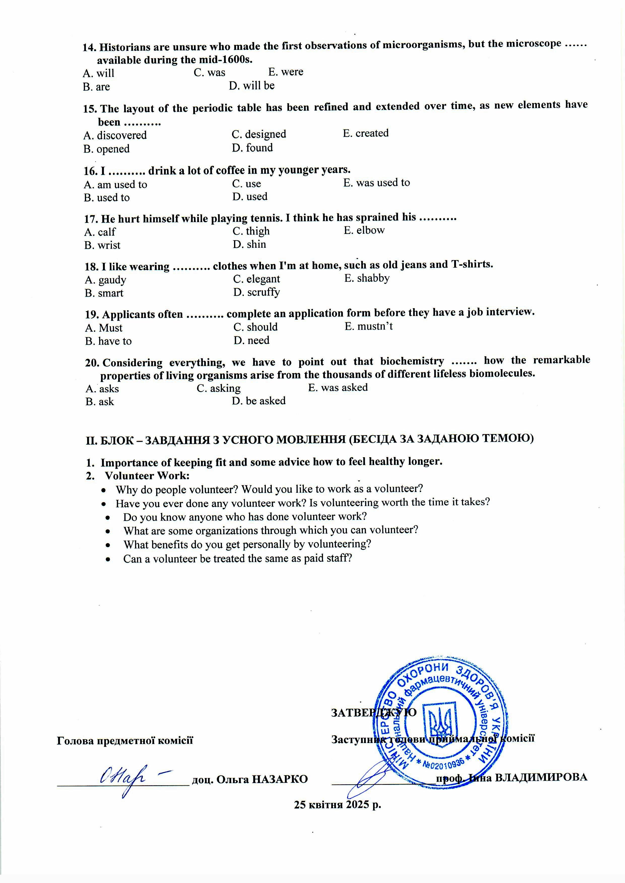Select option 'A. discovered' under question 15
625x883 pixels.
coord(115,135)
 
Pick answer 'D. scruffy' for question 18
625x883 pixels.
coord(256,292)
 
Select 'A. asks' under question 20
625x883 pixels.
coord(102,389)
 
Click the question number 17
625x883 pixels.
coord(91,219)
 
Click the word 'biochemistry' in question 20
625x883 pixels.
coord(412,362)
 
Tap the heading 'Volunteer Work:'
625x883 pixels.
coord(147,476)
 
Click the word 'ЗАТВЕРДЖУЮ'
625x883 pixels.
coord(373,712)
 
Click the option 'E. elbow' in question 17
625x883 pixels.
coord(364,230)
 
